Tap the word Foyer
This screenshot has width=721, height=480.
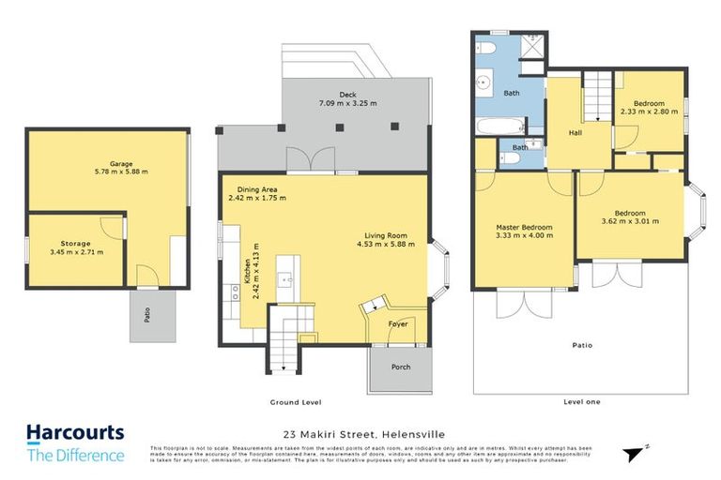398,324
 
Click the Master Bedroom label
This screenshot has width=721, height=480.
524,227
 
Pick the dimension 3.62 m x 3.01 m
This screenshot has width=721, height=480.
630,221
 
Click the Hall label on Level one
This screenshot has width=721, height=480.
575,133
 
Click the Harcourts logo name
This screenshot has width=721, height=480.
74,434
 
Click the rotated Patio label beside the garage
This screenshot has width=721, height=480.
147,316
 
